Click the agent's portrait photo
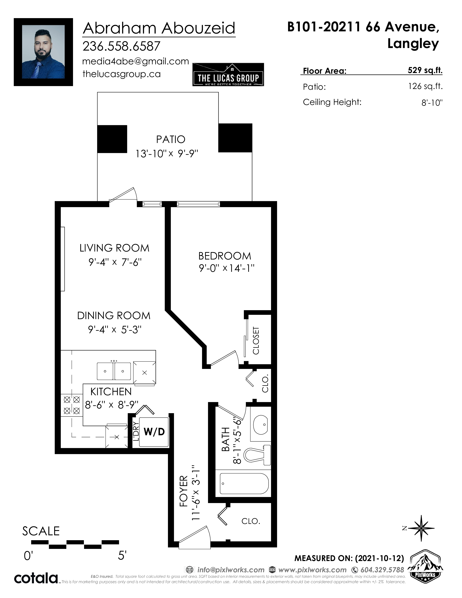pos(43,52)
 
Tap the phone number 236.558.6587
pos(121,46)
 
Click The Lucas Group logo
pos(228,75)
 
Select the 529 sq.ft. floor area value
pos(425,70)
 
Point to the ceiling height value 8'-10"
pos(432,103)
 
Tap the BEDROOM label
pos(225,256)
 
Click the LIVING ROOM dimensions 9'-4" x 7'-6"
pos(115,262)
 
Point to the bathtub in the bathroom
pos(244,484)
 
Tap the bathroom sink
pos(261,425)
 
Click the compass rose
pos(421,528)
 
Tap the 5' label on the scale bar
pos(122,555)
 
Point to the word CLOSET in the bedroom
pos(256,340)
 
